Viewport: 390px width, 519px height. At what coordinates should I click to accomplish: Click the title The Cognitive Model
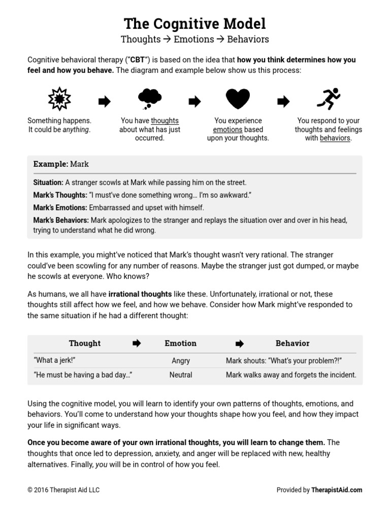tap(195, 23)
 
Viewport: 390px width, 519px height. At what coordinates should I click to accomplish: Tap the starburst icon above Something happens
tap(59, 98)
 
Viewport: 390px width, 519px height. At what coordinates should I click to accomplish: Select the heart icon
tap(238, 98)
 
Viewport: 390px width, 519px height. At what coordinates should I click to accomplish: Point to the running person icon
tap(328, 98)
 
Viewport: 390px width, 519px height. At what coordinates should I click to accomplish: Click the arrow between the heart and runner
tap(283, 102)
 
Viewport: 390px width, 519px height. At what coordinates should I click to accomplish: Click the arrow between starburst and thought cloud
tap(104, 102)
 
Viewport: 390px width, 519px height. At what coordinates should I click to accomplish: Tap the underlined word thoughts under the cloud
tap(165, 121)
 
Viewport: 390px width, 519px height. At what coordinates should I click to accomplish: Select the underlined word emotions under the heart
tap(227, 129)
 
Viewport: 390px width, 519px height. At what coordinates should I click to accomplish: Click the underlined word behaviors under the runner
tap(335, 138)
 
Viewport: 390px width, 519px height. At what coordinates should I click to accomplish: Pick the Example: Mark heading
tap(61, 164)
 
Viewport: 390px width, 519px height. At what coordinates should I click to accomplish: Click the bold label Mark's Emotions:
tap(60, 208)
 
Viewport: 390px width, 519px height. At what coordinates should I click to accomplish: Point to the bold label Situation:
tap(48, 182)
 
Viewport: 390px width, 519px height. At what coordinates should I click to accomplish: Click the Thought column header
tap(85, 343)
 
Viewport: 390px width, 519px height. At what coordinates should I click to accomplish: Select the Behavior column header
tap(292, 343)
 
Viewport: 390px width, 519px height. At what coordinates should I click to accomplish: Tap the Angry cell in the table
tap(181, 361)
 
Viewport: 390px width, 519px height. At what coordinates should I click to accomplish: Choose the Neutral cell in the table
tap(181, 375)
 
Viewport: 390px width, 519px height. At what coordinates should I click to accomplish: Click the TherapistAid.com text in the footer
tap(337, 490)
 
